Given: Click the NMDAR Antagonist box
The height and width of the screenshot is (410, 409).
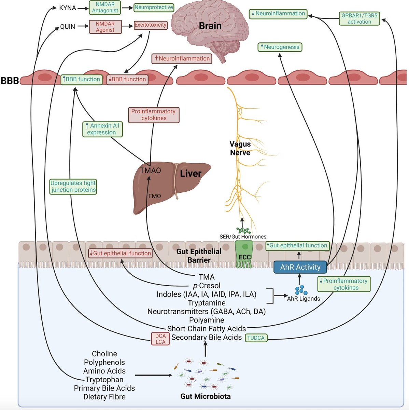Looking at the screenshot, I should click(x=105, y=8).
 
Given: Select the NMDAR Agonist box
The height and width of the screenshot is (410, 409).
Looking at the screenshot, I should click(x=105, y=27).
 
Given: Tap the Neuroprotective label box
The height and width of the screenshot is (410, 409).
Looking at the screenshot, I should click(x=154, y=7).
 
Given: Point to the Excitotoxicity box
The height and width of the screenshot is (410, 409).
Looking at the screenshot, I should click(x=150, y=25).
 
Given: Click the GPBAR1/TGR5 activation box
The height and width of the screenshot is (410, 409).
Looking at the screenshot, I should click(x=359, y=18).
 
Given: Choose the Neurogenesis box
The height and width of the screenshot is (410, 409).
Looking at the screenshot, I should click(x=280, y=47).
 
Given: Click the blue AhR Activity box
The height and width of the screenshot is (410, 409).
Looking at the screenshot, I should click(x=300, y=267).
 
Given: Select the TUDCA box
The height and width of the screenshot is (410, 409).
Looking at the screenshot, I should click(x=256, y=338).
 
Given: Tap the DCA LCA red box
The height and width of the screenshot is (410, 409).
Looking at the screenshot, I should click(x=160, y=339).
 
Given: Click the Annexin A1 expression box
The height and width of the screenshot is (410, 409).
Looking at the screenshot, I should click(x=102, y=129).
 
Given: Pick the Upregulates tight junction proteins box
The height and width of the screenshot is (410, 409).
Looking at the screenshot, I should click(x=73, y=187).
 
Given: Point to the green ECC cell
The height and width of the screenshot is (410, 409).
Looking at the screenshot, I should click(x=245, y=254).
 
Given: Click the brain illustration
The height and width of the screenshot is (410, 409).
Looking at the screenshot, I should click(x=205, y=29).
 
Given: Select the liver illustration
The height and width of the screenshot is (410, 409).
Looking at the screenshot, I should click(x=171, y=186).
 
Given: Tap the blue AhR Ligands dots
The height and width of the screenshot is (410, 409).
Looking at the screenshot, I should click(x=301, y=290).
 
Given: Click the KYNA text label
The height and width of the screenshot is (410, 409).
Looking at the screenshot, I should click(x=68, y=8).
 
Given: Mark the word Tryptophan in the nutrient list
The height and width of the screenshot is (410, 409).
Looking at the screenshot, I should click(x=104, y=380).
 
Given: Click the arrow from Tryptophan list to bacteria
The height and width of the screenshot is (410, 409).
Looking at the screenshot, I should click(x=154, y=375).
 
